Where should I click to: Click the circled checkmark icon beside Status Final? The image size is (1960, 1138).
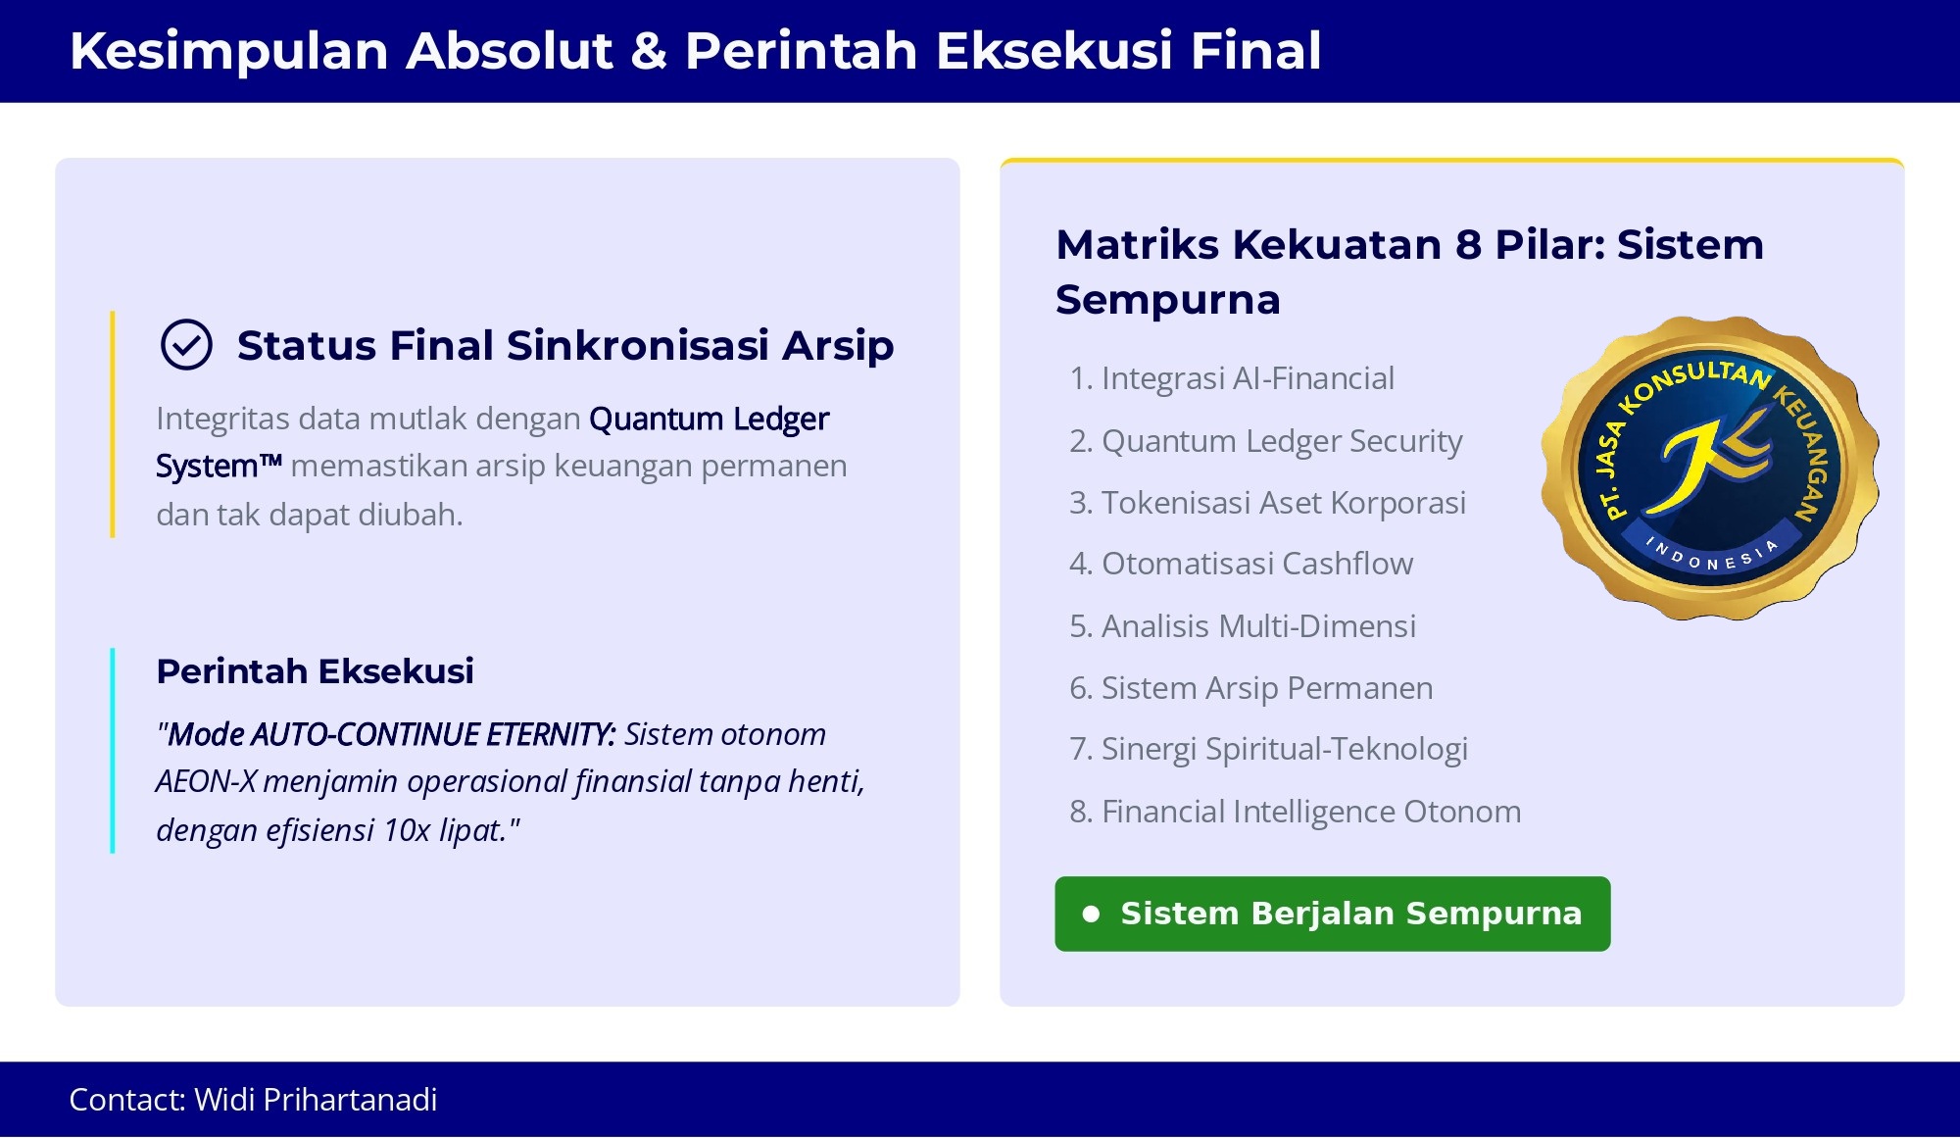tap(186, 345)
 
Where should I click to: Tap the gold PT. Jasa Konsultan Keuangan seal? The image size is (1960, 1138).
tap(1710, 468)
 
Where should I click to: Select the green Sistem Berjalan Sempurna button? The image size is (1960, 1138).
tap(1333, 914)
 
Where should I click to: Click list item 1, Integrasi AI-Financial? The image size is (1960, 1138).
tap(1232, 378)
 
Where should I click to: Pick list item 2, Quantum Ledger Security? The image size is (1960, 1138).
tap(1266, 441)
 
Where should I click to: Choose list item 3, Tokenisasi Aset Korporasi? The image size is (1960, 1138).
tap(1268, 503)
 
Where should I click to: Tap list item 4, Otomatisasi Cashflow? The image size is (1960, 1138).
tap(1242, 564)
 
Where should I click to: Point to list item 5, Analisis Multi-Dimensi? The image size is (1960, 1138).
tap(1243, 626)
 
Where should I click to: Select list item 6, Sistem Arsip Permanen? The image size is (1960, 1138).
tap(1251, 688)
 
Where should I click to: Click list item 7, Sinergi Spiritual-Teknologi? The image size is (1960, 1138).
tap(1269, 750)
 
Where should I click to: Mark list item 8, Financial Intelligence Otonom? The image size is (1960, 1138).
tap(1296, 812)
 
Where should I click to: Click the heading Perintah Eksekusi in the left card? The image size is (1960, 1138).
tap(316, 671)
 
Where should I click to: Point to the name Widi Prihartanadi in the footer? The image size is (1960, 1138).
tap(316, 1100)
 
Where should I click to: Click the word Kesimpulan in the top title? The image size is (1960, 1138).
tap(229, 52)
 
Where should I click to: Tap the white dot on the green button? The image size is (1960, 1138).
tap(1091, 914)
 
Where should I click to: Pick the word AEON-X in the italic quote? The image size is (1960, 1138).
tap(206, 782)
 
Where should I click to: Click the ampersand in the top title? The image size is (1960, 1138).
tap(649, 51)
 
